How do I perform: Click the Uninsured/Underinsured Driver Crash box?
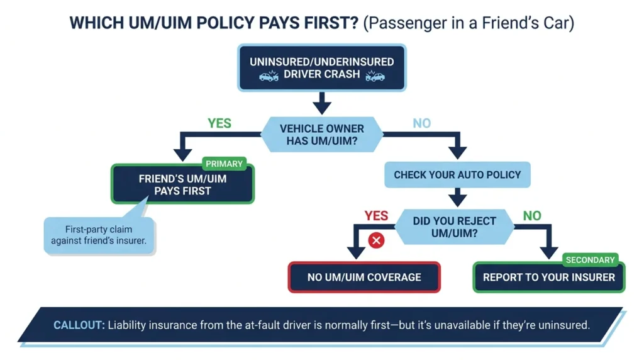click(322, 68)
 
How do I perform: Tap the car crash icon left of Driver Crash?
click(269, 76)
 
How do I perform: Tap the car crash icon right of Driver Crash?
click(375, 76)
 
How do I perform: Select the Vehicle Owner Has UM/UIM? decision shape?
click(322, 135)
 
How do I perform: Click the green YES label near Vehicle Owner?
click(219, 123)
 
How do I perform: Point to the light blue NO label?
click(422, 123)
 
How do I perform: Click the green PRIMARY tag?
click(225, 164)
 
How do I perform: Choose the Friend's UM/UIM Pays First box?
click(182, 184)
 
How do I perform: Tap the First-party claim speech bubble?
click(99, 235)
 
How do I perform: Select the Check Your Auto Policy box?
click(458, 175)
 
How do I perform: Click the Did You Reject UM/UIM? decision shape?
click(454, 227)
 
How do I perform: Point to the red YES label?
click(376, 216)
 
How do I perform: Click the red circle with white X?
click(376, 240)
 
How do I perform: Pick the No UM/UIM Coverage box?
click(364, 278)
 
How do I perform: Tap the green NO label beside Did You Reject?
click(532, 216)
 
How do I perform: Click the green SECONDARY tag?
click(590, 260)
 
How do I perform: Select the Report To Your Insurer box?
click(549, 278)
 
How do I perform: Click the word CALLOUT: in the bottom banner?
click(79, 325)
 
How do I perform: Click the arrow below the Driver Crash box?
click(322, 103)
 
